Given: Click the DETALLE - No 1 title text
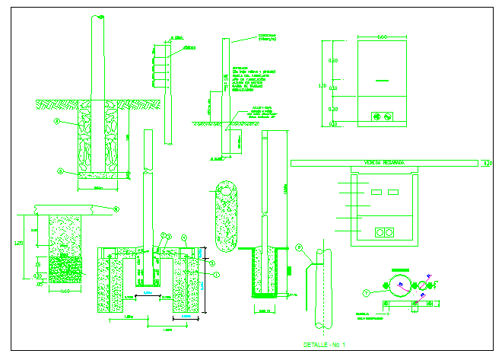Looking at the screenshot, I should pyautogui.click(x=325, y=345).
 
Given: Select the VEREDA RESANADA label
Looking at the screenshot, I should pyautogui.click(x=384, y=162).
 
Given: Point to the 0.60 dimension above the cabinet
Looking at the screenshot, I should pyautogui.click(x=383, y=37).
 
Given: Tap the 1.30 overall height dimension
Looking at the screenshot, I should pyautogui.click(x=322, y=85).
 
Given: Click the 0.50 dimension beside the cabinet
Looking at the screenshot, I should pyautogui.click(x=332, y=60).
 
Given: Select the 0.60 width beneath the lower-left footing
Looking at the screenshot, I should pyautogui.click(x=65, y=291).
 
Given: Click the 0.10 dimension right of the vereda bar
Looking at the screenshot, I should pyautogui.click(x=488, y=162).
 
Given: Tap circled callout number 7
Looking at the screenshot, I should pyautogui.click(x=366, y=292).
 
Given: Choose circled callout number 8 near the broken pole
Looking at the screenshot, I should pyautogui.click(x=299, y=247).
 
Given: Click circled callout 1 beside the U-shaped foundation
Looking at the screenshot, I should pyautogui.click(x=215, y=274).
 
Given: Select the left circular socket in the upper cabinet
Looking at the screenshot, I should pyautogui.click(x=375, y=116).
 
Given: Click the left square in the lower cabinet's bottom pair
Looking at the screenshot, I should pyautogui.click(x=380, y=231).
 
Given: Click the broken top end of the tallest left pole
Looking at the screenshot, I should pyautogui.click(x=98, y=17).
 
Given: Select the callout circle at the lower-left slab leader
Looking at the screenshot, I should pyautogui.click(x=116, y=208).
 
